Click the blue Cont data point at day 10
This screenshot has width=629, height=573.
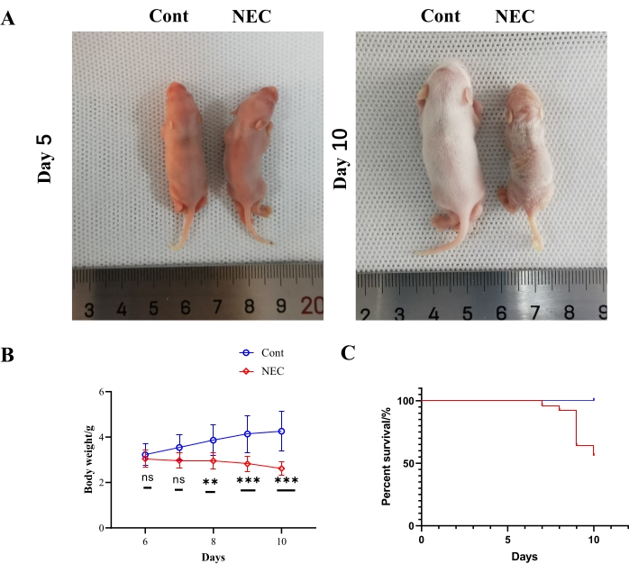(x=282, y=431)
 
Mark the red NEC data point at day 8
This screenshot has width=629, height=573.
(x=213, y=460)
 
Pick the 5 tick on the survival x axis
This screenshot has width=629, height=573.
(x=507, y=539)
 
